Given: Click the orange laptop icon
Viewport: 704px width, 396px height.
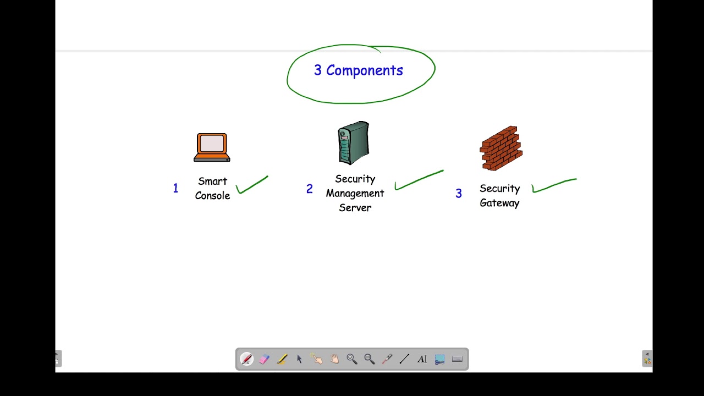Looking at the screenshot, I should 212,147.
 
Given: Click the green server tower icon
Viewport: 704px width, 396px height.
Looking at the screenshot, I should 353,143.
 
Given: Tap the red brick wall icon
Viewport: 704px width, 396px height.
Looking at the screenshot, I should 501,148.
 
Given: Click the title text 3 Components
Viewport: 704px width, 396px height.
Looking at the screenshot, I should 359,70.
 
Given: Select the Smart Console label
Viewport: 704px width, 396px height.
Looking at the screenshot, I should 212,189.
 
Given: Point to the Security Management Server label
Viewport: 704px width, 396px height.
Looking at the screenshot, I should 355,193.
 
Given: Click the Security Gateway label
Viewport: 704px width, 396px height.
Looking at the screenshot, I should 499,196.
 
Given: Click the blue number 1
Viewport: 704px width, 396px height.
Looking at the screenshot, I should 175,189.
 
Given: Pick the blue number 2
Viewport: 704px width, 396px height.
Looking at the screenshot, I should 309,189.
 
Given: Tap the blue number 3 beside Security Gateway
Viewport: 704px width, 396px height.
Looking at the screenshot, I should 459,194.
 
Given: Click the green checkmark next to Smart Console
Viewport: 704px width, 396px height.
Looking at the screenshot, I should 251,185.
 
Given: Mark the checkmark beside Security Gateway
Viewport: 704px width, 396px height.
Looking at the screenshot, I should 553,185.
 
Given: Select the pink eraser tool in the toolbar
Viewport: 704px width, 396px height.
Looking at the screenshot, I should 264,359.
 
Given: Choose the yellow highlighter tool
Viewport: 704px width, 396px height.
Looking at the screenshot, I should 282,359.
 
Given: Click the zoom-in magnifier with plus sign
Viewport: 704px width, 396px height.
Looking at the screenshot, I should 351,359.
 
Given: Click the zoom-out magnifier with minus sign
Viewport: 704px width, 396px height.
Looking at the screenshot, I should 369,359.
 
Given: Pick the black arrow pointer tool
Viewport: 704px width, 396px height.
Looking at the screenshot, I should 299,359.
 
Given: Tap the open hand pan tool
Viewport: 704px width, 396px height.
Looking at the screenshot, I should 334,359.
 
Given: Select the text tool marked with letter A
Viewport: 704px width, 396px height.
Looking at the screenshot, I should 422,359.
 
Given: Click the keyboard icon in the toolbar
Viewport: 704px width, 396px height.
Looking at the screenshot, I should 457,359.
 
